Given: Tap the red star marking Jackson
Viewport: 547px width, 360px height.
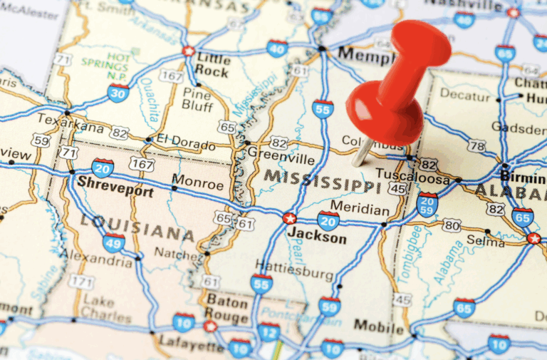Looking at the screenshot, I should point(289,218).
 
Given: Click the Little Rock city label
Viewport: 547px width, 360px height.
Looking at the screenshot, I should point(214,63).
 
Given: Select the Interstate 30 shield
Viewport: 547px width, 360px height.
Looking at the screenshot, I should point(119,92).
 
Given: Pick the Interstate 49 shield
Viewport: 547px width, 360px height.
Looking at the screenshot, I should point(114,242).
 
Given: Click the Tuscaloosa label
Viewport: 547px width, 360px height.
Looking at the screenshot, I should point(412,175).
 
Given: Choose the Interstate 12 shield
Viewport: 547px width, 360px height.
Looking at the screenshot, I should point(269,331).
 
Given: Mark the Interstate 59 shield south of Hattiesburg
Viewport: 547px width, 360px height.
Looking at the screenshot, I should point(329,307).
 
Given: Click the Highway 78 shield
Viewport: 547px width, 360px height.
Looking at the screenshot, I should point(476,146).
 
